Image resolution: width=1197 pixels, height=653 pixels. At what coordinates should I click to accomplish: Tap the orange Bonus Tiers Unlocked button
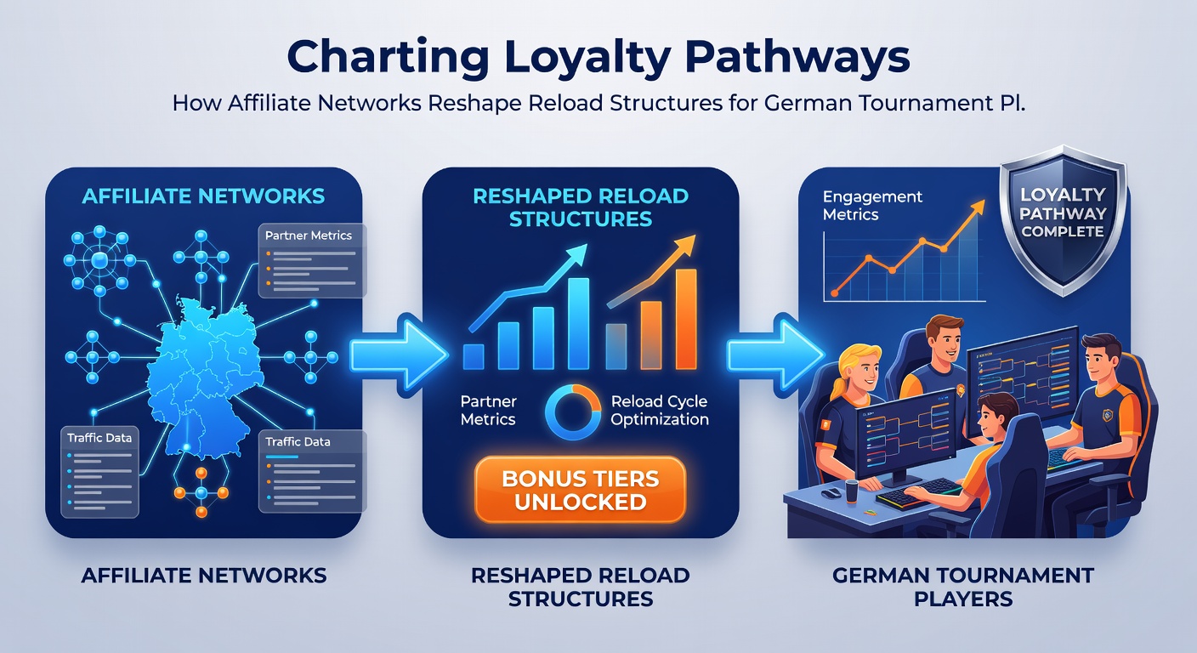(x=581, y=490)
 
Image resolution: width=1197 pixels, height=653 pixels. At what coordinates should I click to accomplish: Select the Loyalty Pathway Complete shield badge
(x=1063, y=220)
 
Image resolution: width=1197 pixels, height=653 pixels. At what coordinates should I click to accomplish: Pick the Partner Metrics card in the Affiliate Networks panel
(x=312, y=260)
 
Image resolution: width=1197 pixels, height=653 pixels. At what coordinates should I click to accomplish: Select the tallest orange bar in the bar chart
(x=686, y=319)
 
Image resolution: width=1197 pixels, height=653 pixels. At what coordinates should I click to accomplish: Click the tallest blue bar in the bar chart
(x=577, y=324)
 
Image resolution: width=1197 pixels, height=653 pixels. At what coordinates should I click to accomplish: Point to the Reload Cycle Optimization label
(x=660, y=410)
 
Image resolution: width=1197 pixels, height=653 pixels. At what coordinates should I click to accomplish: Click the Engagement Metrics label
(x=872, y=205)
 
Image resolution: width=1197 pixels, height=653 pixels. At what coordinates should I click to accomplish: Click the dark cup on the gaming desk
(x=851, y=491)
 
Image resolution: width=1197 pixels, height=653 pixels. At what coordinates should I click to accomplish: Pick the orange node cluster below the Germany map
(x=201, y=492)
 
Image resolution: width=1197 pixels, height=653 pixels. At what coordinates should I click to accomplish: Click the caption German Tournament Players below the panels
(x=963, y=587)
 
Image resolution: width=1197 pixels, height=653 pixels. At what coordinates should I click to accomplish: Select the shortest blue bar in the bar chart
(x=474, y=356)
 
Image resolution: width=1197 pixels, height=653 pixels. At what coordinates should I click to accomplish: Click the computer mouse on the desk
(x=831, y=492)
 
